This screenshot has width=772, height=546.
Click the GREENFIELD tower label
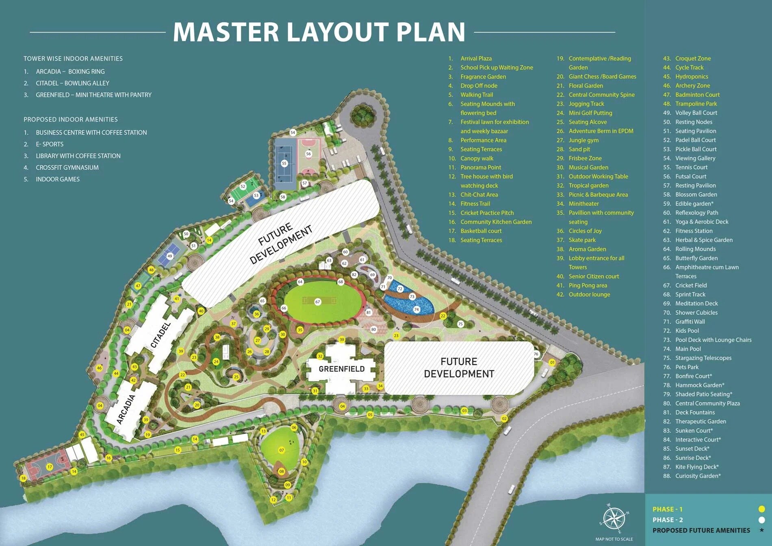342,369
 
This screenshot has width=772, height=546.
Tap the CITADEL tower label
161,335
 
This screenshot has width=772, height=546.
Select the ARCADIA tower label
126,409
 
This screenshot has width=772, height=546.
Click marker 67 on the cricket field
318,302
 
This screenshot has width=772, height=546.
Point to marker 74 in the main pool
416,310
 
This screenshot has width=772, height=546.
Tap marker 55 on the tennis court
284,163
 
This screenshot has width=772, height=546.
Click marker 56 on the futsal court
308,154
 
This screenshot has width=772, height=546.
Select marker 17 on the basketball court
50,467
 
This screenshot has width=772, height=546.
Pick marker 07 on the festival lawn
282,450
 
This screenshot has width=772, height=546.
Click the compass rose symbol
614,519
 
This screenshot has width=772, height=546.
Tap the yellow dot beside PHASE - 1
761,509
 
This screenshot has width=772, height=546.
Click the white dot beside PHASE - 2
761,520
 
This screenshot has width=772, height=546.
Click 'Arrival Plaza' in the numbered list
476,58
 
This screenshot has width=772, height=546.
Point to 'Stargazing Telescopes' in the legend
703,358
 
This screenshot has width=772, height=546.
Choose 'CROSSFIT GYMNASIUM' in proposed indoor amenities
67,167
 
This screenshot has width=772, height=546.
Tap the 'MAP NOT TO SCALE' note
614,539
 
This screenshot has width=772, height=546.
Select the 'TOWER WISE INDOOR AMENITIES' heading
73,58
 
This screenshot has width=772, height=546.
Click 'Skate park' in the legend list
582,240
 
